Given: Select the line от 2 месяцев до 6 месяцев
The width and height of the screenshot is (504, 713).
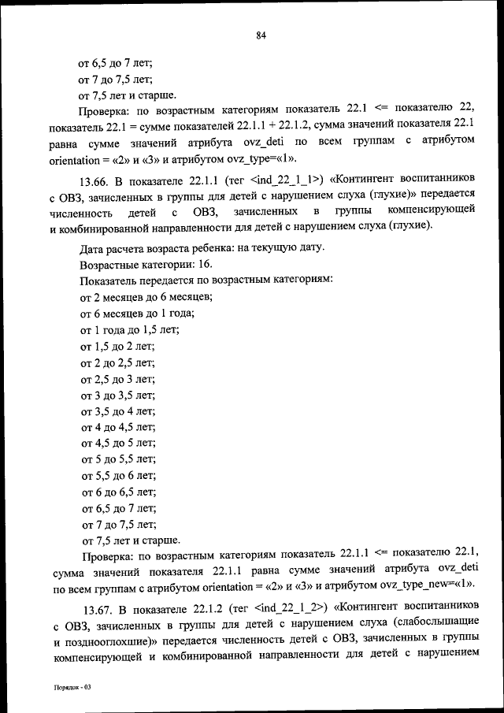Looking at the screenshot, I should coord(146,297).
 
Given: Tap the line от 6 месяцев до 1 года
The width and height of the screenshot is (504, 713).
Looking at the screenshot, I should coord(138,314).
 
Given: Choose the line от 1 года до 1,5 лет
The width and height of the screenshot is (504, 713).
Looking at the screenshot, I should coord(130,330).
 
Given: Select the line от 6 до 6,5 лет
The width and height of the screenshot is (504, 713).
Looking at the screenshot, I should coord(118,492).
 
